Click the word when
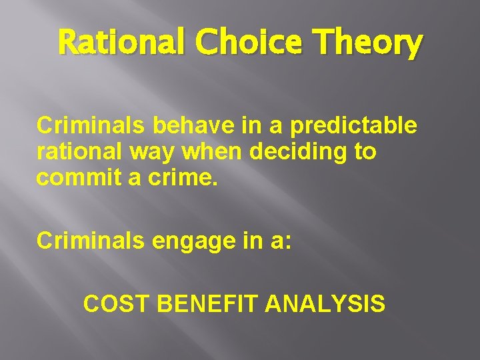point(211,152)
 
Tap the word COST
point(116,303)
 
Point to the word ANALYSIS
point(325,303)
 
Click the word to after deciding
point(365,152)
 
